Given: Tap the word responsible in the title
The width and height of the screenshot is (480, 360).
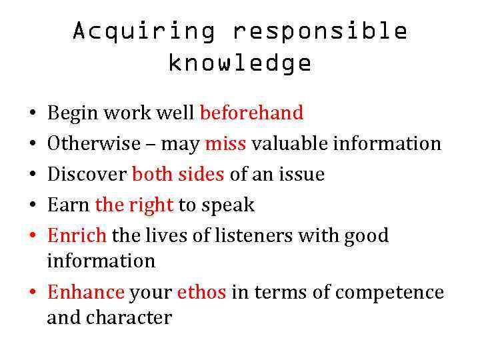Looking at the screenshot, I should pyautogui.click(x=320, y=31).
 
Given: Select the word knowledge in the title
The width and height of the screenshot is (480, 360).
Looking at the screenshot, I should pyautogui.click(x=240, y=63).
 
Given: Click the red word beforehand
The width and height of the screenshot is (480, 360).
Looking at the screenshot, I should pyautogui.click(x=251, y=113).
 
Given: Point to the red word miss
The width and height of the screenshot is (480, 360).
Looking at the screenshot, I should pyautogui.click(x=226, y=144).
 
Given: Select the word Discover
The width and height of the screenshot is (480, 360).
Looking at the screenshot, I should pyautogui.click(x=87, y=175).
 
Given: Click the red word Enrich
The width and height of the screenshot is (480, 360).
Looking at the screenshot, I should pyautogui.click(x=77, y=236).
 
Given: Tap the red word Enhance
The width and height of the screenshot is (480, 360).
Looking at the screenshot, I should pyautogui.click(x=85, y=293).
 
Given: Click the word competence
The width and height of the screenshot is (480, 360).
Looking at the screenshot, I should pyautogui.click(x=390, y=293).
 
